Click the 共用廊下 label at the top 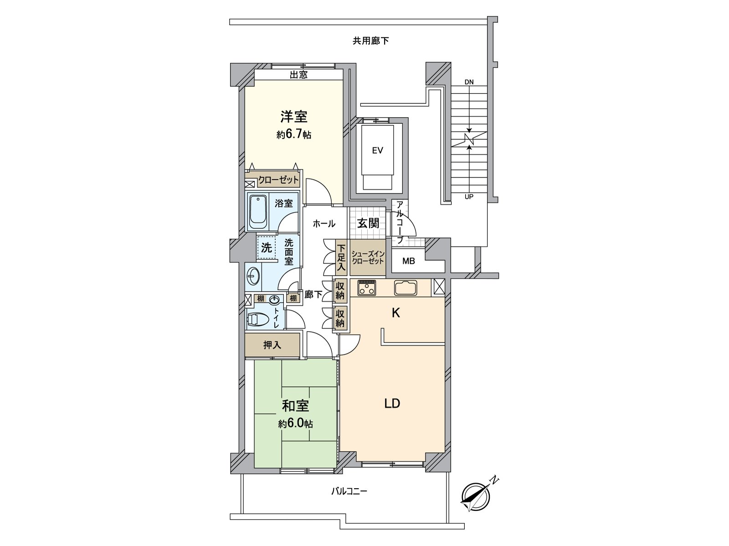(370, 41)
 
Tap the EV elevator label (377, 151)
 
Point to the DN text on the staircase (469, 82)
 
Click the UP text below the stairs (469, 197)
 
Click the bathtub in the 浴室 (258, 212)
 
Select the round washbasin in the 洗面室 (253, 276)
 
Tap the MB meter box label (409, 261)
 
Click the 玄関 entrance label (368, 223)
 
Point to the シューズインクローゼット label (368, 258)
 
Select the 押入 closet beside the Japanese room (272, 345)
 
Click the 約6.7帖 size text (293, 135)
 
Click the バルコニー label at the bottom (349, 491)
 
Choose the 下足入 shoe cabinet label (342, 258)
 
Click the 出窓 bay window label (298, 75)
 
